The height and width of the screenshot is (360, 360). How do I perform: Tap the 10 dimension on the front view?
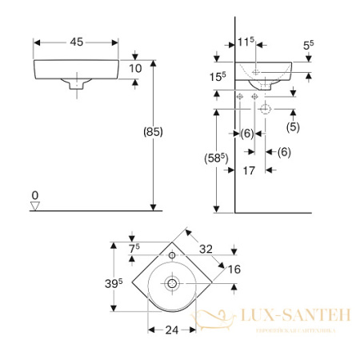135,69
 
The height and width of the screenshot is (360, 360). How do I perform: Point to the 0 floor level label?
34,195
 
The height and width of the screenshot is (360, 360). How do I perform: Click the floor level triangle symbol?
34,206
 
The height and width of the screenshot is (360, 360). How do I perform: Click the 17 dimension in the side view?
248,170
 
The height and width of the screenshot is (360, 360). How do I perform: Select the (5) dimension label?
294,126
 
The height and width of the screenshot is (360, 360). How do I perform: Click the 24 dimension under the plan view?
170,328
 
